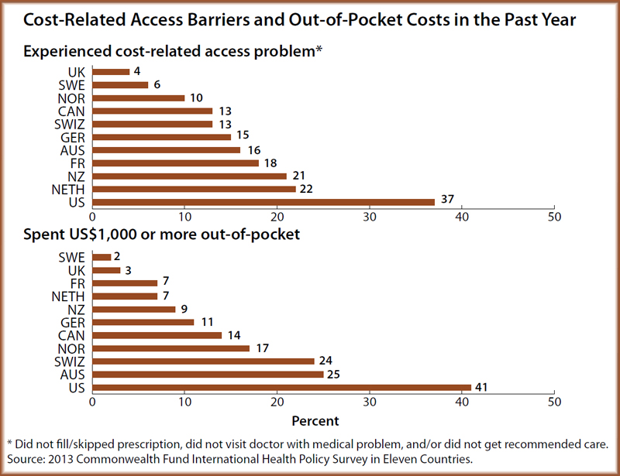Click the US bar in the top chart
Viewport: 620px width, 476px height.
(x=263, y=201)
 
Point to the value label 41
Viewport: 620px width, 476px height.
(x=482, y=387)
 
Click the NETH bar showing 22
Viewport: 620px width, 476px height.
(x=194, y=190)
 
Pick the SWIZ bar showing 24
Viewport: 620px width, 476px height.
(x=203, y=361)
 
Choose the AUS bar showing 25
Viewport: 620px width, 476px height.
(x=208, y=375)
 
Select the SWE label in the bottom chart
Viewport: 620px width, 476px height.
(x=72, y=257)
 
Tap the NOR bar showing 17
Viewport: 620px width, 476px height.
(x=170, y=348)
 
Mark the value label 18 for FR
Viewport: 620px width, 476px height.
(x=270, y=163)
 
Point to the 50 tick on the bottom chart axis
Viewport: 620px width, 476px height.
(x=554, y=402)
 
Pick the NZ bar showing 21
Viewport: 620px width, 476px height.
(x=189, y=176)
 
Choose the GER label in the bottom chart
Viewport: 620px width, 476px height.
(x=72, y=322)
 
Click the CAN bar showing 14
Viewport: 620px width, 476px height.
(x=157, y=335)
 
